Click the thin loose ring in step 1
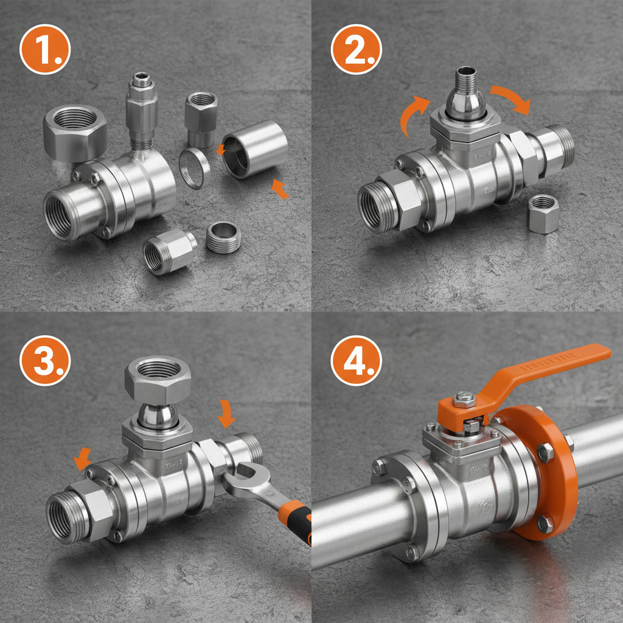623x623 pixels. (x=195, y=168)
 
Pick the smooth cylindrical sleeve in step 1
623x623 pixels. (x=254, y=149)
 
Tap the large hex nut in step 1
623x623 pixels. (x=75, y=130)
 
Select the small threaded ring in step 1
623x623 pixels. (x=224, y=237)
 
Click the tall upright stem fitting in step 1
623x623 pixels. (x=142, y=110)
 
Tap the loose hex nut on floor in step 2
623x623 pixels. (x=543, y=214)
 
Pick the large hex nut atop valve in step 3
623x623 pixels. (x=158, y=377)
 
